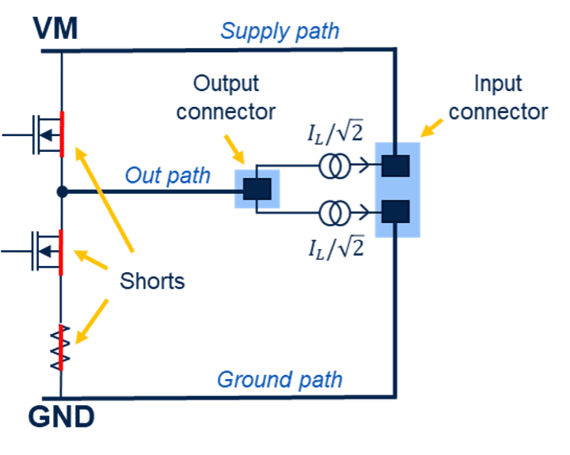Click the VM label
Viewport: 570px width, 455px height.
point(55,30)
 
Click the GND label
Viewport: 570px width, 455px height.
point(62,416)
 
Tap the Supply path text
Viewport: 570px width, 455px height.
point(279,32)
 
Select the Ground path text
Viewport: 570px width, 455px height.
point(279,379)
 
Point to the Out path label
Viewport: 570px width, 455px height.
point(167,176)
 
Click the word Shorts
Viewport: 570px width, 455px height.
point(152,280)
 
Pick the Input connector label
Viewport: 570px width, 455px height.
point(498,97)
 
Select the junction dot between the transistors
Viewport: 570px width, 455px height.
point(62,191)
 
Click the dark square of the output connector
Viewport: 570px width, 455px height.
point(257,188)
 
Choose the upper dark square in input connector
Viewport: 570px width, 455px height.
point(395,165)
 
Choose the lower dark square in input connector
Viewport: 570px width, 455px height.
point(395,212)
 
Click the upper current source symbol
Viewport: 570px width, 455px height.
point(333,165)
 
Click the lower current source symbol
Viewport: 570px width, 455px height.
point(333,212)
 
